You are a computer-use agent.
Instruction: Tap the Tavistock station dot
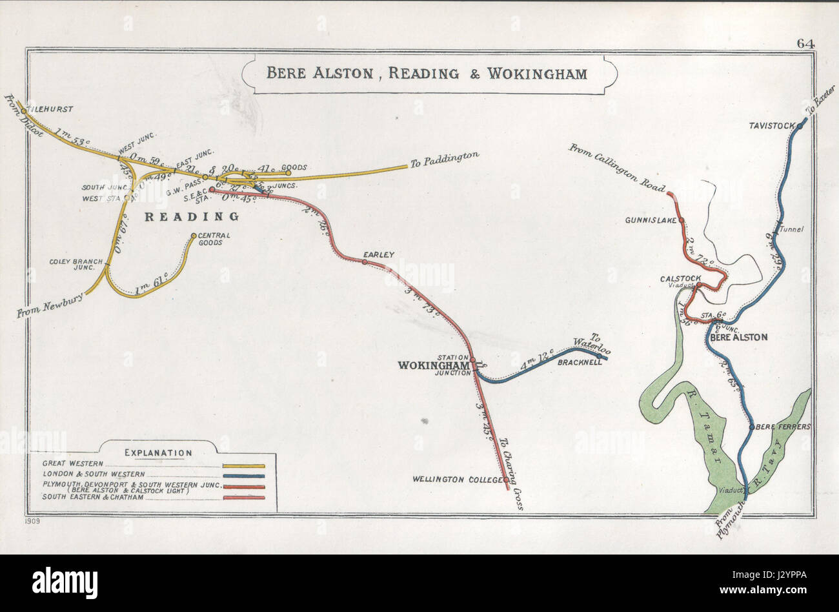[x=800, y=126]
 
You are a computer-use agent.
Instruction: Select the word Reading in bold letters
[x=191, y=217]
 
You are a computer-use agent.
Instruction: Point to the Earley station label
[x=378, y=255]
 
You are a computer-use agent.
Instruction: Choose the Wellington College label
[x=457, y=480]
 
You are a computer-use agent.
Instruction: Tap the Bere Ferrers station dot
[x=751, y=427]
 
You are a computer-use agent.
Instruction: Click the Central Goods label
[x=210, y=239]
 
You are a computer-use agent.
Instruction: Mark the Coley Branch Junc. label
[x=77, y=265]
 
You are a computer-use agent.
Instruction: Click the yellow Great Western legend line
[x=243, y=465]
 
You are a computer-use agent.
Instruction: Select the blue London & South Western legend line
[x=243, y=476]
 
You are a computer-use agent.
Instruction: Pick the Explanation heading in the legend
[x=158, y=453]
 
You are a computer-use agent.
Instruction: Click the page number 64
[x=805, y=44]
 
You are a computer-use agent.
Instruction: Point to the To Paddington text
[x=445, y=159]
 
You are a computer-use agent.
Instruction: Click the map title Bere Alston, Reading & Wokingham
[x=427, y=73]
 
